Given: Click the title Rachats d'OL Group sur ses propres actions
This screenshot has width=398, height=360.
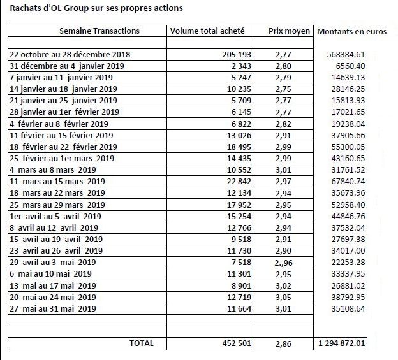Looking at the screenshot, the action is (96, 8).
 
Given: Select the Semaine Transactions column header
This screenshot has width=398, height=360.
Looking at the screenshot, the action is (99, 31).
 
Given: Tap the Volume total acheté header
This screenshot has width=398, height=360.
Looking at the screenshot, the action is (207, 31).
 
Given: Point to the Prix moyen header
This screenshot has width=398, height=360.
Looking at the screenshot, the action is (289, 31).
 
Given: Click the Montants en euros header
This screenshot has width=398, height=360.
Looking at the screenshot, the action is (352, 31).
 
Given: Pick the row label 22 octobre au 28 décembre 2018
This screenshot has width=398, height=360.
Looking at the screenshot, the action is (70, 55).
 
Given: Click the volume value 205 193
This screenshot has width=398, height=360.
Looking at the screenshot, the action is (237, 55).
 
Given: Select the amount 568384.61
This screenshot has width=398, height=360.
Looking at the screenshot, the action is (346, 55).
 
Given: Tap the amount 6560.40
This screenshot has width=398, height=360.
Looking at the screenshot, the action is (351, 66).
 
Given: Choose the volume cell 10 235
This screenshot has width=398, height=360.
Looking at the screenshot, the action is (239, 89).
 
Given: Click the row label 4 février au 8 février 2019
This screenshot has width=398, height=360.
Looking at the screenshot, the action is (59, 124).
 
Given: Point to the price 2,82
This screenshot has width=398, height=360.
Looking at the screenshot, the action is (284, 124).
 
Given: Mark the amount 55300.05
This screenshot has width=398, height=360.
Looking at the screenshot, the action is (348, 147).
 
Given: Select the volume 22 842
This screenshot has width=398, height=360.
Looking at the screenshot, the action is (239, 181).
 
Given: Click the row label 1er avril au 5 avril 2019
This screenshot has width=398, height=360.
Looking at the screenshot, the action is (55, 216).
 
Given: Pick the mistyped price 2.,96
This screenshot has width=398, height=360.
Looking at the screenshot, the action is (284, 263).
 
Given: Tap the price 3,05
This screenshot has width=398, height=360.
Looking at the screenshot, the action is (284, 298).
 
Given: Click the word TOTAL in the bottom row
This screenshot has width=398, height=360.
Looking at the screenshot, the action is (142, 343).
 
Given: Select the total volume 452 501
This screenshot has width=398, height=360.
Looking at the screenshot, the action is (237, 343).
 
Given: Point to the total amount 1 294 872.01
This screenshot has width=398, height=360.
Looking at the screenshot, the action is (341, 343).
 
